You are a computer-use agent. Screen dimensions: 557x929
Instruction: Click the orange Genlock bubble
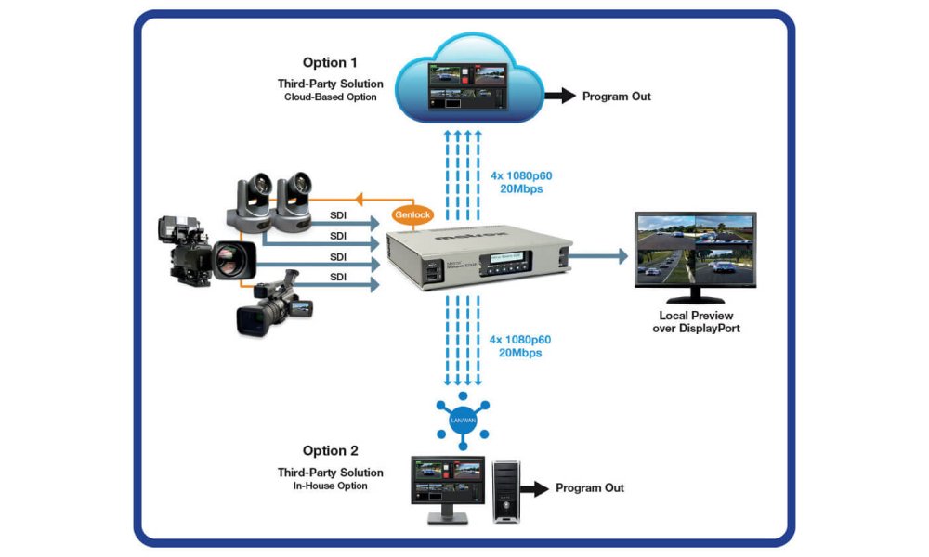coord(407,213)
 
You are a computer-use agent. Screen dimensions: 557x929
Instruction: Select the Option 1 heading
coord(328,63)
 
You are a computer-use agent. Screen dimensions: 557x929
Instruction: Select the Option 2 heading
coord(329,450)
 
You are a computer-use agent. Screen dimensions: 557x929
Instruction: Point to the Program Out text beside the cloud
coord(617,97)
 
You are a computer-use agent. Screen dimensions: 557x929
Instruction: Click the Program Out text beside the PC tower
coord(590,487)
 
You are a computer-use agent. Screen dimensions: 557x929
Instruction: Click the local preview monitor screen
coord(695,250)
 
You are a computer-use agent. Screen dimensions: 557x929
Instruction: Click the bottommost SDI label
coord(339,276)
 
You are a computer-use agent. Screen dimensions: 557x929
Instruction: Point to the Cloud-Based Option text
coord(331,97)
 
